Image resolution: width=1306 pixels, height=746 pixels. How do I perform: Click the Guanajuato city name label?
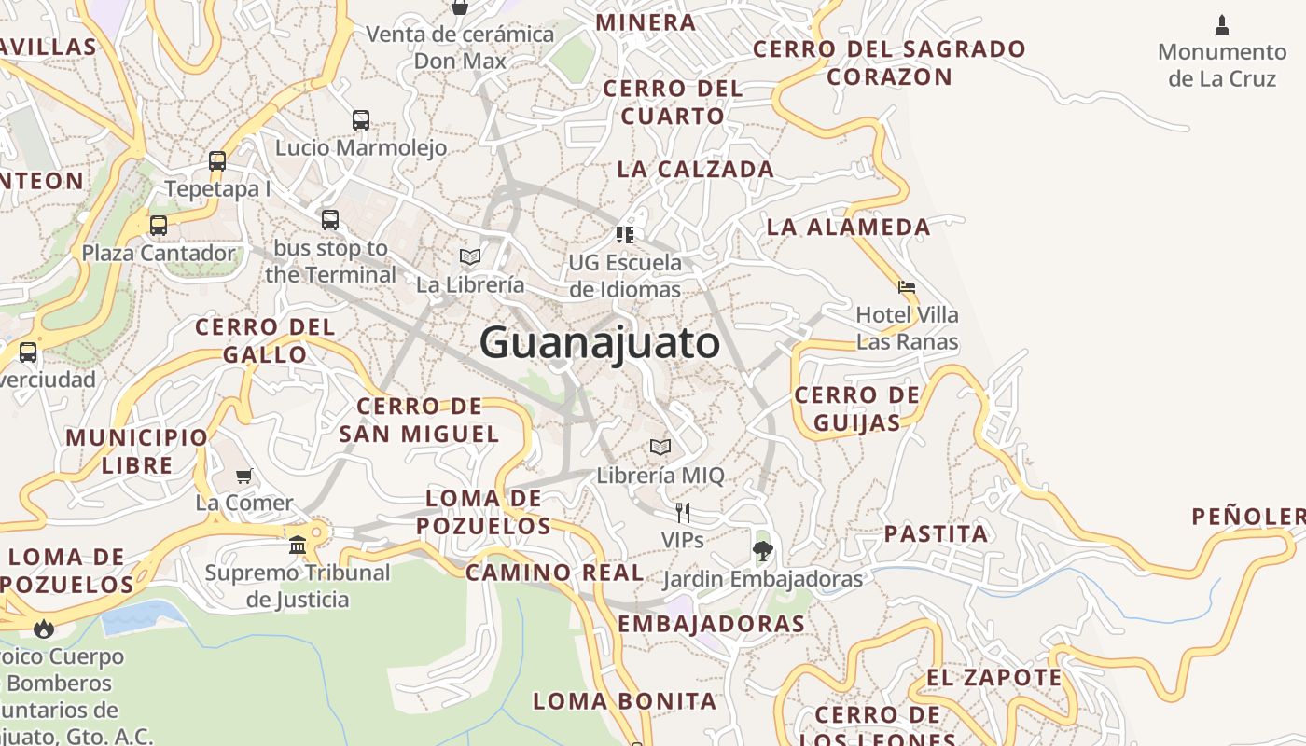[599, 343]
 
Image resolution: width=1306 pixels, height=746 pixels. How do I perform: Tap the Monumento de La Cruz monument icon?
[1222, 25]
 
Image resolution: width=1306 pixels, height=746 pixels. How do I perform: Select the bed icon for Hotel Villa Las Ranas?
[906, 287]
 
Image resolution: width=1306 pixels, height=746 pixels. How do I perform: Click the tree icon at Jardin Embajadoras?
[762, 550]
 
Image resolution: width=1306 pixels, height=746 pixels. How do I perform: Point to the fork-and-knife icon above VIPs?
[683, 512]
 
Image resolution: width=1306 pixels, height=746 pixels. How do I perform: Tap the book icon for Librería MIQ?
[660, 448]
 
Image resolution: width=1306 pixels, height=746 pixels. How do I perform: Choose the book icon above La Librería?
[470, 256]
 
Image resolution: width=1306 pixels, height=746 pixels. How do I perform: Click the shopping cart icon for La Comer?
[244, 476]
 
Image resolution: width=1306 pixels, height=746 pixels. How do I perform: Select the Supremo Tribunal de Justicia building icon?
[298, 545]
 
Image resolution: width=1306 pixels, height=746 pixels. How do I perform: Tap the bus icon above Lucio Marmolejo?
[361, 119]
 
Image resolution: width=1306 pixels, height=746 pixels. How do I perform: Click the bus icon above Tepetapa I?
[217, 161]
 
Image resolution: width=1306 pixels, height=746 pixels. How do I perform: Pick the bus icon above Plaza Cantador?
[159, 225]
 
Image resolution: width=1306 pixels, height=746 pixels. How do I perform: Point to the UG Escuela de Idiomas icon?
[625, 234]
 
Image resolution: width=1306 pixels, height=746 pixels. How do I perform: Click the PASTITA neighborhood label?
[936, 534]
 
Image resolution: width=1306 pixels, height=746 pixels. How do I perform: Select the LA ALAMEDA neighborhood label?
[848, 227]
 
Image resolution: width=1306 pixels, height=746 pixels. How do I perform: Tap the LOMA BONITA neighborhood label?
[624, 701]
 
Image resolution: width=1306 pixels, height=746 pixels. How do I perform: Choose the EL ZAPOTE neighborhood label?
[994, 678]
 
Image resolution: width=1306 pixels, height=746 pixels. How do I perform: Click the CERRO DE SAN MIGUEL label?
[419, 420]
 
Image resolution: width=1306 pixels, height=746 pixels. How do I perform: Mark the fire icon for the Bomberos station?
[43, 629]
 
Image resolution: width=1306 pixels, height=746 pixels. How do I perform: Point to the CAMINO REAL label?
[554, 573]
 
